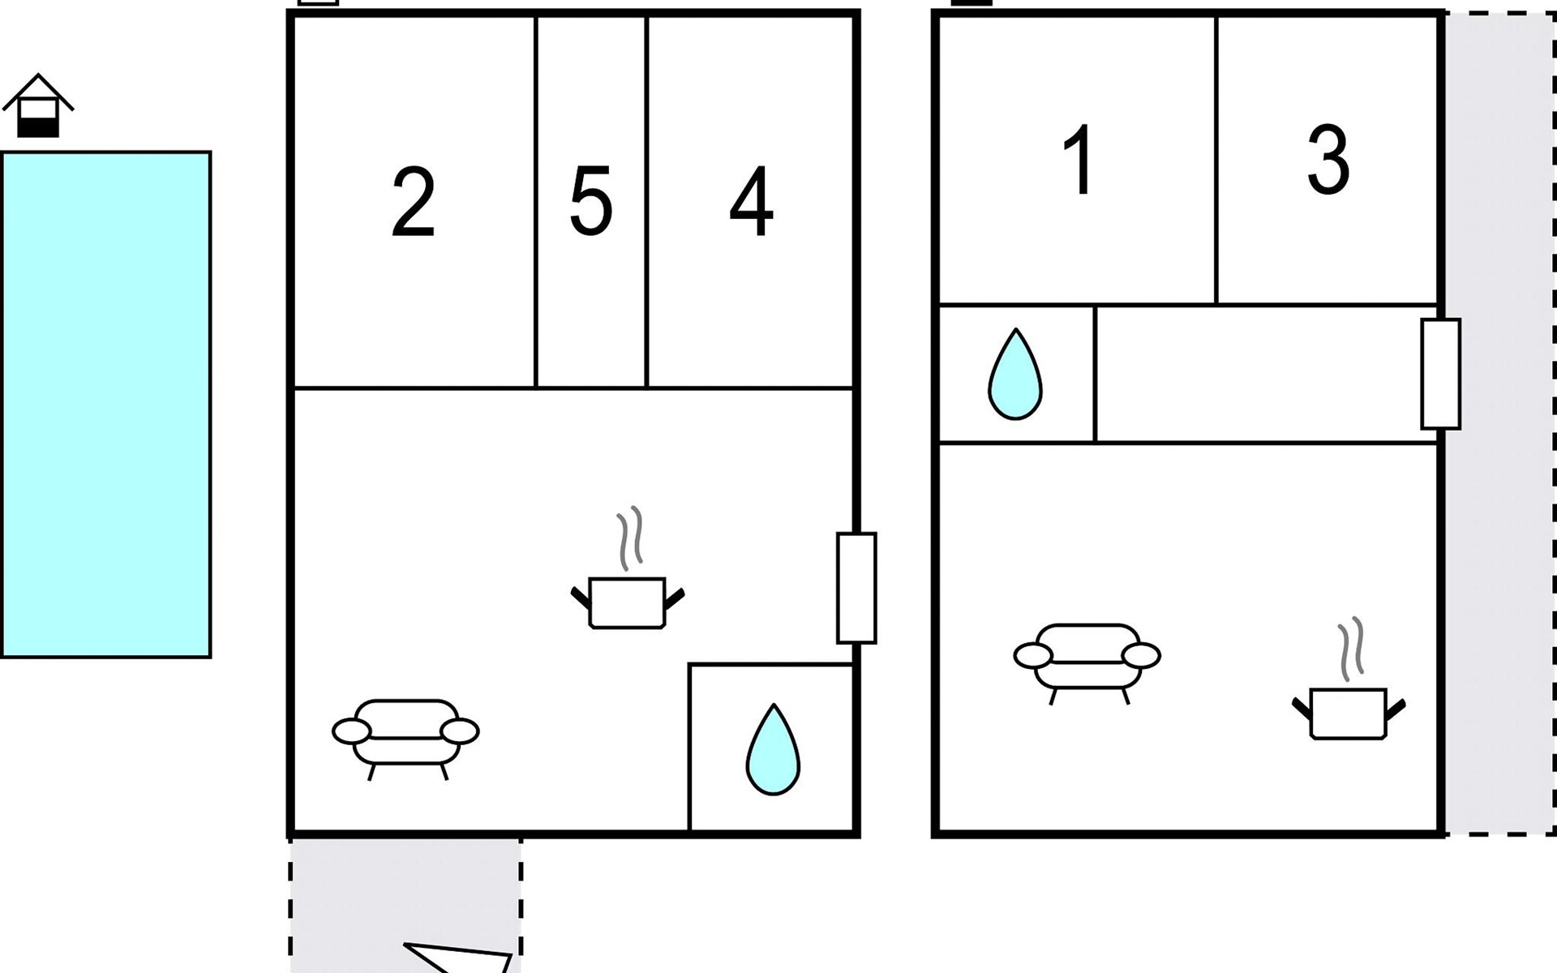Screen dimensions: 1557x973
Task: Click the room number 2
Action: (414, 203)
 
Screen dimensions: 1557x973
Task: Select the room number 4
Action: (751, 202)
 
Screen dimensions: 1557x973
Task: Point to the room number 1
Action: (1079, 160)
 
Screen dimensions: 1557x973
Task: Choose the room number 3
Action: (1328, 160)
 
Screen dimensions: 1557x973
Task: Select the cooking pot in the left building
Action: (628, 602)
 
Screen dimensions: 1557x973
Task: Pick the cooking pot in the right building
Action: (1349, 713)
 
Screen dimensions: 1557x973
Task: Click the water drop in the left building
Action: (773, 750)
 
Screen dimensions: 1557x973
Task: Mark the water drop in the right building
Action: (1014, 374)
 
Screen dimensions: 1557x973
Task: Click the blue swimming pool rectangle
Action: (106, 405)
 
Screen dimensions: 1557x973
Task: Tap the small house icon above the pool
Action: (38, 105)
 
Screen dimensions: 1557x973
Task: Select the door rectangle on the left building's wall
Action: (856, 588)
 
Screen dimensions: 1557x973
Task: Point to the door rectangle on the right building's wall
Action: (1440, 374)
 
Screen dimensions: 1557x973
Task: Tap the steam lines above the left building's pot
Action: (630, 538)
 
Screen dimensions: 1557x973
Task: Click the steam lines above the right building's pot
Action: (1351, 649)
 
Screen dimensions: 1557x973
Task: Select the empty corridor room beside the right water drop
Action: (1265, 375)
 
